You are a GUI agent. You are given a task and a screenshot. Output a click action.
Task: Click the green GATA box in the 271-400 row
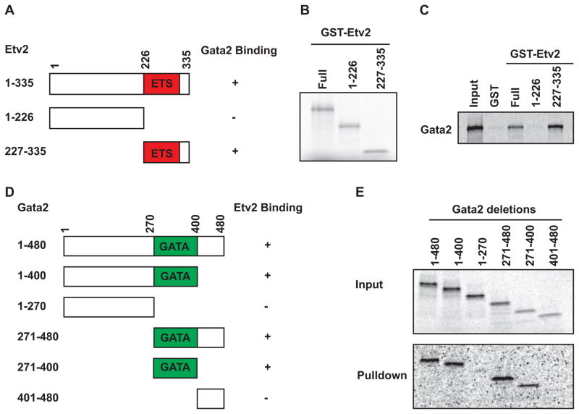point(175,368)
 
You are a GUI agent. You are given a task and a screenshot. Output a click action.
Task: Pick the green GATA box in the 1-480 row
point(175,246)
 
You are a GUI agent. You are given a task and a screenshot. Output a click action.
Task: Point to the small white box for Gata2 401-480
point(211,398)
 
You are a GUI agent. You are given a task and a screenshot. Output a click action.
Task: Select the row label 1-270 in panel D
point(33,307)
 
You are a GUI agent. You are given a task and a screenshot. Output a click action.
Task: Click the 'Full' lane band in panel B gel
point(324,110)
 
